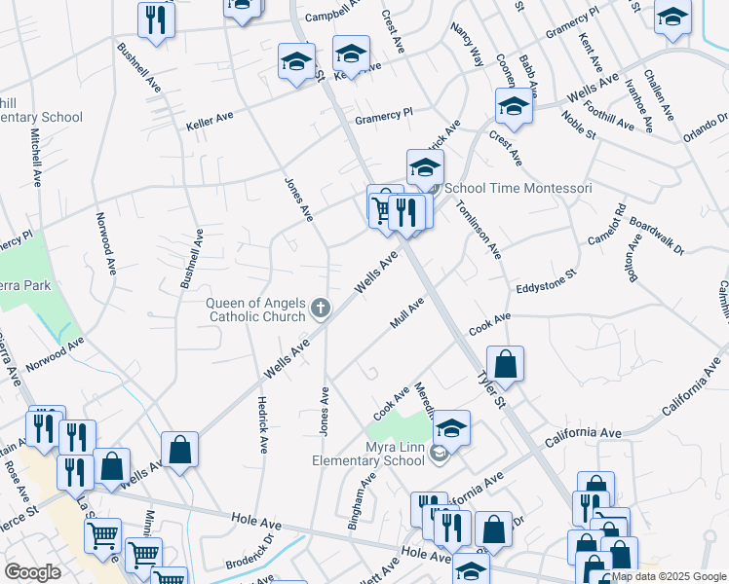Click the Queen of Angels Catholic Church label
pos(256,310)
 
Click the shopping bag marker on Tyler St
pos(505,365)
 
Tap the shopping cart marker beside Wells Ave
pos(382,207)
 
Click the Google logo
pos(32,572)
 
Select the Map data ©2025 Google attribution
pos(669,576)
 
